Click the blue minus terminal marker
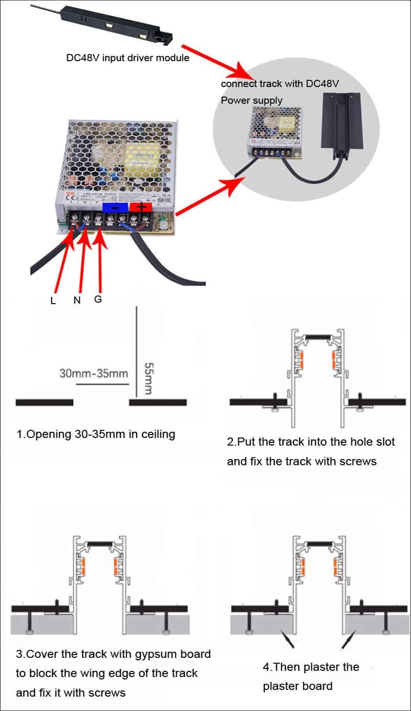click(115, 208)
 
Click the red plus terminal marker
click(140, 207)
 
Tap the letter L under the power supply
click(53, 301)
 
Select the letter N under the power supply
click(77, 300)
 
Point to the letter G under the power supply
click(98, 299)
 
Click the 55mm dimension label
click(148, 378)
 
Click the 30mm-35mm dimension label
click(94, 373)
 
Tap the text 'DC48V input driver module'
click(128, 58)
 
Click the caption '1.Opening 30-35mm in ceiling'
click(96, 434)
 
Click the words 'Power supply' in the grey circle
click(251, 100)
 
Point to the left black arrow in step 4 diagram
click(288, 638)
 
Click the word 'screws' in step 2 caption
click(358, 461)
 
